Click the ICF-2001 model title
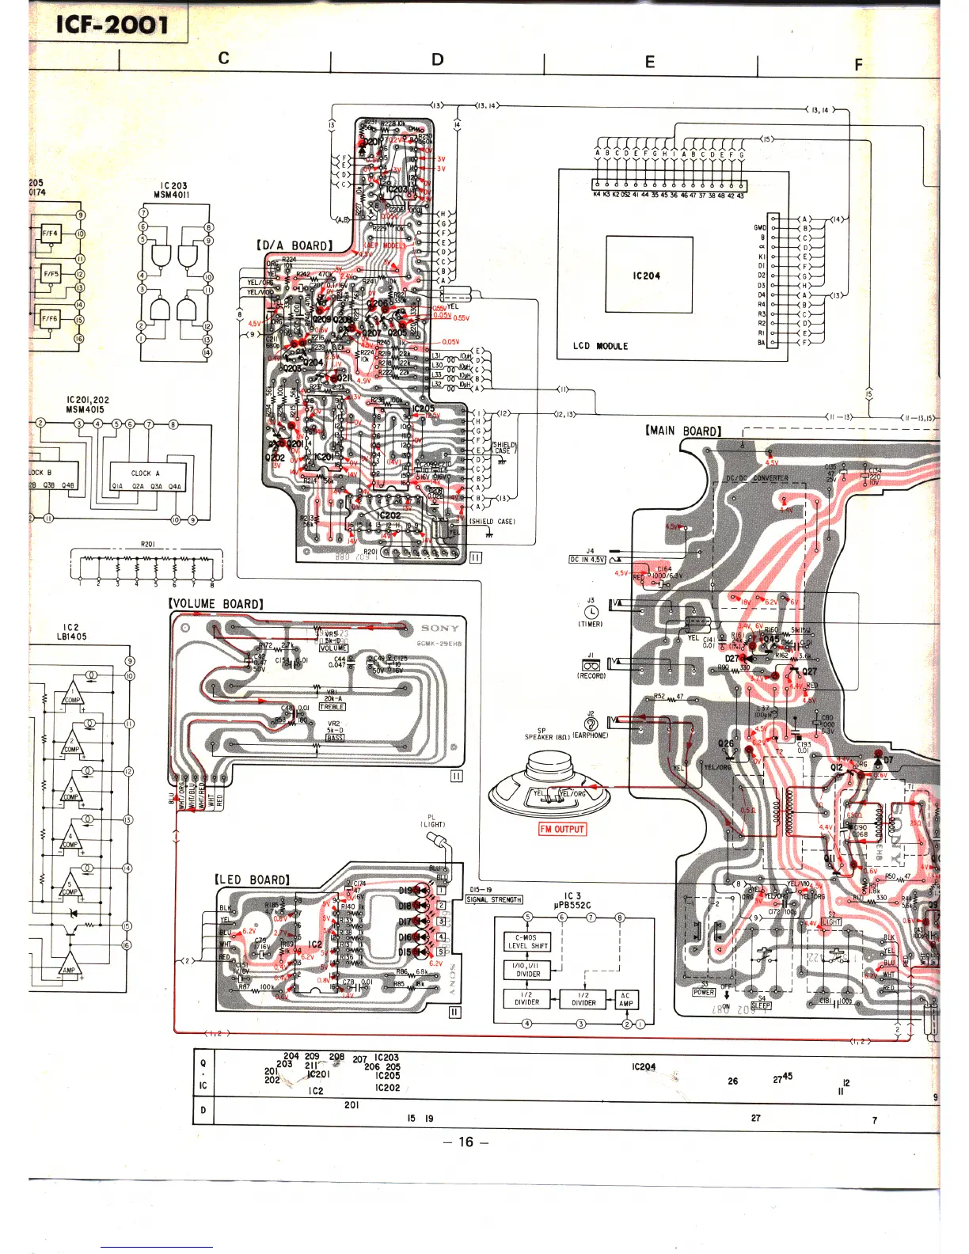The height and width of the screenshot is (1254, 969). pyautogui.click(x=112, y=25)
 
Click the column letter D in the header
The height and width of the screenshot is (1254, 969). pyautogui.click(x=438, y=59)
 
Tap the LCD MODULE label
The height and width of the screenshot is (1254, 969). pyautogui.click(x=600, y=346)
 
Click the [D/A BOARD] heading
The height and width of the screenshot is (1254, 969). pyautogui.click(x=294, y=245)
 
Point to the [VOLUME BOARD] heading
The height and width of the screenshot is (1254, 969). pyautogui.click(x=215, y=604)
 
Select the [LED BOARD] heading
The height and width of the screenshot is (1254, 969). pyautogui.click(x=253, y=880)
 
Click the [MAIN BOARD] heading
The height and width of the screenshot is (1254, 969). pyautogui.click(x=683, y=431)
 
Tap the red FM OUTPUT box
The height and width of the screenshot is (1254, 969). pyautogui.click(x=562, y=829)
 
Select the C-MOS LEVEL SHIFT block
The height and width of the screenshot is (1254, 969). pyautogui.click(x=528, y=941)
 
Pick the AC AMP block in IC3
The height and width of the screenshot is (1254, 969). pyautogui.click(x=625, y=999)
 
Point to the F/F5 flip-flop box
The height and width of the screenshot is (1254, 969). pyautogui.click(x=51, y=274)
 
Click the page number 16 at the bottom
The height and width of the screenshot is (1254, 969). pyautogui.click(x=465, y=1142)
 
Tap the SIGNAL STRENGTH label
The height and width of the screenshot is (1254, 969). pyautogui.click(x=494, y=899)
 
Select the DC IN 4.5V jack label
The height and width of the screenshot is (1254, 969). pyautogui.click(x=587, y=560)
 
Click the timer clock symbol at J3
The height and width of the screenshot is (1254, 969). pyautogui.click(x=591, y=611)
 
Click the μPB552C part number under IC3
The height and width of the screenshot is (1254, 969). pyautogui.click(x=572, y=905)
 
